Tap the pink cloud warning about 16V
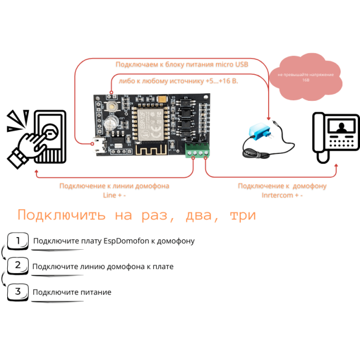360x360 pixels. (306, 78)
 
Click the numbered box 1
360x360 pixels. (19, 241)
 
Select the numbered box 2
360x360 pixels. (18, 265)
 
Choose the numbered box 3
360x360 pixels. (18, 291)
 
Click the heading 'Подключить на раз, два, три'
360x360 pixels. (136, 215)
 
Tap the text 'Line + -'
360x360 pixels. (114, 195)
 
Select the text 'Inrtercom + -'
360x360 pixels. (282, 195)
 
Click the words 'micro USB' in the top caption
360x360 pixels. (233, 65)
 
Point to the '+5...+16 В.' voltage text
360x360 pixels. (221, 81)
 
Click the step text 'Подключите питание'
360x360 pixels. (72, 292)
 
